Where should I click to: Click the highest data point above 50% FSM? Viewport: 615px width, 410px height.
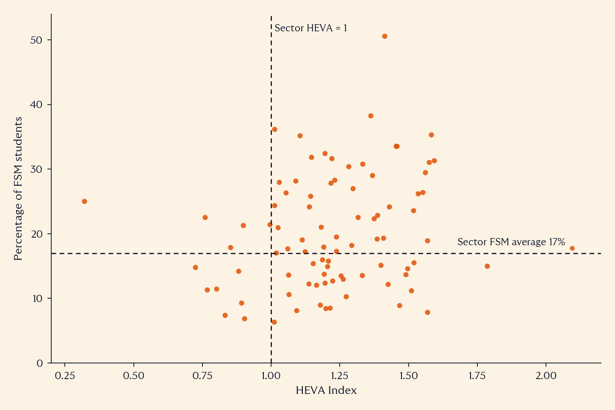coord(385,36)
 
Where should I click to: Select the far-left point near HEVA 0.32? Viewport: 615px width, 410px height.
coord(85,201)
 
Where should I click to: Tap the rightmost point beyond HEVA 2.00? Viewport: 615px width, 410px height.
coord(572,248)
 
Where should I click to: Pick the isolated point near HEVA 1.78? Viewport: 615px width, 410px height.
coord(488,266)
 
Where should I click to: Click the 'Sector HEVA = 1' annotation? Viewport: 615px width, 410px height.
coord(311,28)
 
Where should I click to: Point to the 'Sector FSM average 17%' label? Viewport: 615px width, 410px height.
coord(511,242)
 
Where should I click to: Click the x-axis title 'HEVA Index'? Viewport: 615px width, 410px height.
coord(326,390)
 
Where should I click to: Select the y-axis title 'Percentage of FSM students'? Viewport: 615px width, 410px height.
coord(18,188)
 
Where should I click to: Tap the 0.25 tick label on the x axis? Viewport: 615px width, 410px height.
coord(65,376)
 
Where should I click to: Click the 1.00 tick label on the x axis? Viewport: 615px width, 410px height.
coord(271,376)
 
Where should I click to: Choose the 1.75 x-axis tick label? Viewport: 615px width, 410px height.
coord(477,376)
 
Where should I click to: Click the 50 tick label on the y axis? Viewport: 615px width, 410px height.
coord(36,40)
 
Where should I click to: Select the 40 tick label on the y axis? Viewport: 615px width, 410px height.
coord(36,105)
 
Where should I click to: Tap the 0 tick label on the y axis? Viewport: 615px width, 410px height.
coord(39,363)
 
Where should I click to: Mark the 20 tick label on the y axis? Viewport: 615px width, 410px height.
coord(36,234)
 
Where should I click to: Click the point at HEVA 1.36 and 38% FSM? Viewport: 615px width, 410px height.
coord(371,116)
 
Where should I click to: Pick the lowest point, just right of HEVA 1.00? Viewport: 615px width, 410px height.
coord(274,322)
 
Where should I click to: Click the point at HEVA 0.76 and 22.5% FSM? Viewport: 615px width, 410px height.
coord(205,218)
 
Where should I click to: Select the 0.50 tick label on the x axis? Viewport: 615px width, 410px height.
coord(134,376)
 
